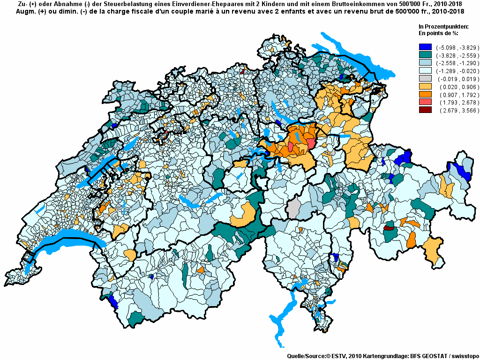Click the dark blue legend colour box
pyautogui.click(x=425, y=47)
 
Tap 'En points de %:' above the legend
pyautogui.click(x=438, y=33)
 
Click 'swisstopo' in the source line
pyautogui.click(x=463, y=356)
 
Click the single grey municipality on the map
pyautogui.click(x=294, y=208)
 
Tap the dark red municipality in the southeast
pyautogui.click(x=389, y=228)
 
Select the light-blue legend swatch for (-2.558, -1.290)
pyautogui.click(x=425, y=63)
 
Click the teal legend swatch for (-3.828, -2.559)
pyautogui.click(x=425, y=55)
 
